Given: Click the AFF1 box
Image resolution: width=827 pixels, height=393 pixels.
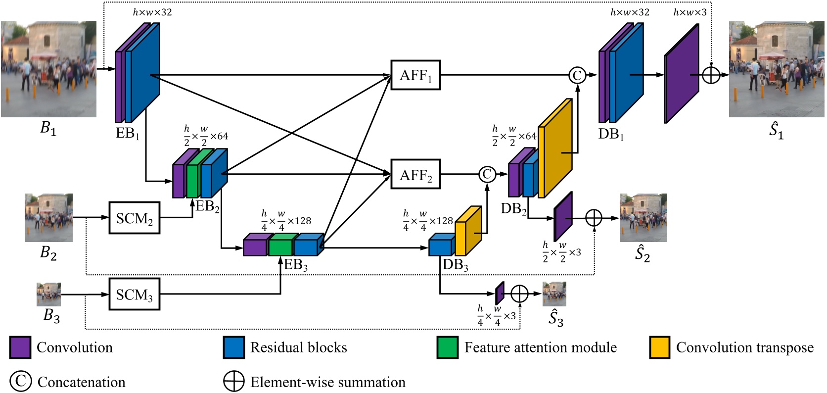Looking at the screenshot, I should [415, 75].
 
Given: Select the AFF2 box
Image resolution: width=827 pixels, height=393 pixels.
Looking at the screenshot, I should [415, 174].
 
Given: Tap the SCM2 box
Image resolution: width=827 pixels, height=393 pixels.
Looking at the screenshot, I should [135, 218].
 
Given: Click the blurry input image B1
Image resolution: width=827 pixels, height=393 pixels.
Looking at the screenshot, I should [48, 69].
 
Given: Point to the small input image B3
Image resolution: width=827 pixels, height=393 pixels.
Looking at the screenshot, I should [48, 294].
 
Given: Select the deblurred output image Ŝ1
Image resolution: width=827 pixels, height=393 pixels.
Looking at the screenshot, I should [776, 69].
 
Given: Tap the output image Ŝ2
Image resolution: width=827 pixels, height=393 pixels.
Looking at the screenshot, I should [643, 218].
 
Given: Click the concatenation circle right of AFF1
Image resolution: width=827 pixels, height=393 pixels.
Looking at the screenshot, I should [577, 75].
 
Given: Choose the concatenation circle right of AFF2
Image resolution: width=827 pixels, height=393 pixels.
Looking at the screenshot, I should [487, 174].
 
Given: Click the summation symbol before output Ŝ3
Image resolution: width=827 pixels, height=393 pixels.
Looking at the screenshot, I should [519, 294].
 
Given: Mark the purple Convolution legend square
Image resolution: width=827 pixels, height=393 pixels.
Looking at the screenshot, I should [20, 347].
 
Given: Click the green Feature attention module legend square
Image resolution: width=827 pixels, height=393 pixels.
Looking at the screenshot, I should [448, 347].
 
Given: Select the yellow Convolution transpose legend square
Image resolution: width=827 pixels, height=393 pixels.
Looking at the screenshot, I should [660, 347].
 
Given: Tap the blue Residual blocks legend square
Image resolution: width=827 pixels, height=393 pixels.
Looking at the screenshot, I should [234, 347].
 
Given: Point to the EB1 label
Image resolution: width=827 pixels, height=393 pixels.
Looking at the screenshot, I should [128, 134].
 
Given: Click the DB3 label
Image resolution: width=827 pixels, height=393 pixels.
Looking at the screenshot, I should [455, 265].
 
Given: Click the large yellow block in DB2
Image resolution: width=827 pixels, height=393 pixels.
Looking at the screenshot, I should [554, 148].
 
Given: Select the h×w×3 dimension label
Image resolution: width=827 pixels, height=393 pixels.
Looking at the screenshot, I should [690, 12].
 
